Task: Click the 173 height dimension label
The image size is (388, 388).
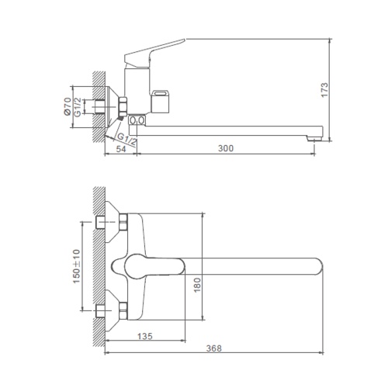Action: tap(324, 90)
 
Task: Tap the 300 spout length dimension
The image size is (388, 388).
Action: tap(226, 148)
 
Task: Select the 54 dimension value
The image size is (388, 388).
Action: tap(121, 149)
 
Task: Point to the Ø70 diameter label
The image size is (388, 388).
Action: tap(68, 106)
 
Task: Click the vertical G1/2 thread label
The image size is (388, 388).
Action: tap(78, 107)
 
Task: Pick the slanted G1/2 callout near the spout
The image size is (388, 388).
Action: tap(127, 140)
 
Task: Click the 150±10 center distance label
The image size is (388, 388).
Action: tap(77, 266)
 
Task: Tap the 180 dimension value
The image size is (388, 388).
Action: tap(197, 285)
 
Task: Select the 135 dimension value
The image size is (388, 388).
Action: tap(145, 336)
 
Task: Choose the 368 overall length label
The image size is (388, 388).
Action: tap(213, 348)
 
